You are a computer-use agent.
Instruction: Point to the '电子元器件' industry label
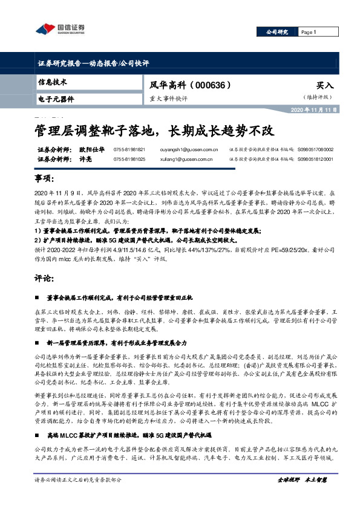point(56,98)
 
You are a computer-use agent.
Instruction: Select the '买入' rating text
point(325,85)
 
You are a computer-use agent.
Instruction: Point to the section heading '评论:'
point(44,279)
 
